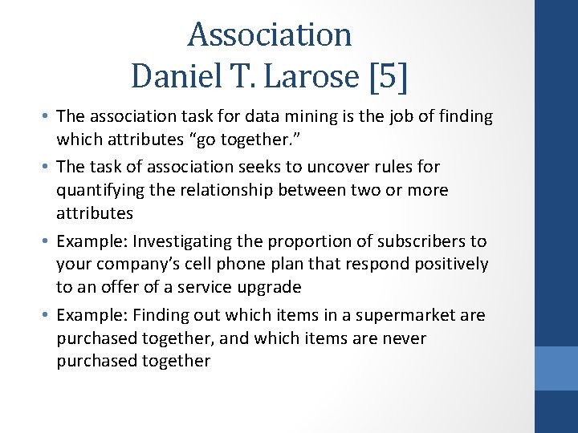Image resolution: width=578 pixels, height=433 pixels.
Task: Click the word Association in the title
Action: (x=270, y=34)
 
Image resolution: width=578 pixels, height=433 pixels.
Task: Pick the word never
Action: (x=405, y=338)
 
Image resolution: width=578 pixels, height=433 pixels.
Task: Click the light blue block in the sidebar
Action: (x=556, y=368)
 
